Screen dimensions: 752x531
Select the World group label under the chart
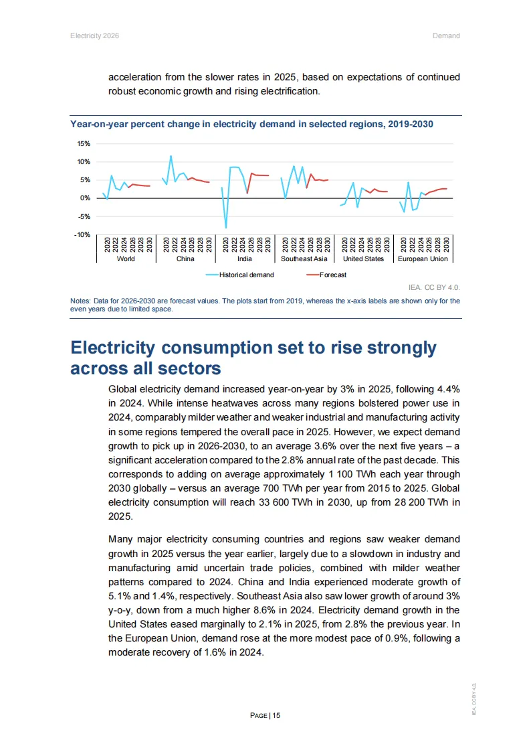tap(126, 258)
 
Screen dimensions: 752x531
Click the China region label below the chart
tap(185, 258)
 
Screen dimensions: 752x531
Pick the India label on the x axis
tap(245, 258)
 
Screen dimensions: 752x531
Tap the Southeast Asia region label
tap(304, 258)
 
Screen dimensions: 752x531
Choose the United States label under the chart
tap(363, 258)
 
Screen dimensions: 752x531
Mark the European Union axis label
tap(423, 258)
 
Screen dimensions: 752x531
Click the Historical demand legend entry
tap(246, 275)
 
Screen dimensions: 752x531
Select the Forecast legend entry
tap(333, 275)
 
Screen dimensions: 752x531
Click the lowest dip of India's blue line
tap(226, 228)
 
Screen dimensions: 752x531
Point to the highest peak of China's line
tap(171, 156)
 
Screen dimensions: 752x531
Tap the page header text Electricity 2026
tap(94, 35)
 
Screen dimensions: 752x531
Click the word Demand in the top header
tap(446, 35)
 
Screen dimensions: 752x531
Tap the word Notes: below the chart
tap(80, 301)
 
